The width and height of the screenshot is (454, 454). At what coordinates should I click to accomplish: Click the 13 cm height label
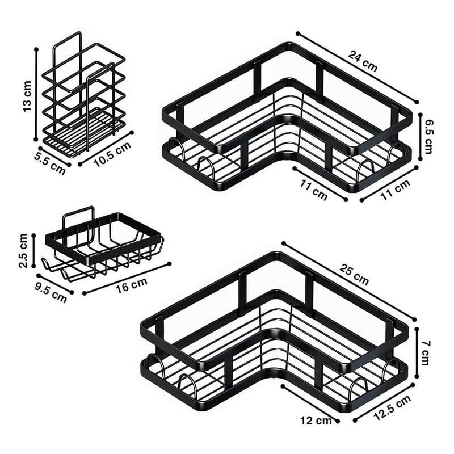tap(27, 96)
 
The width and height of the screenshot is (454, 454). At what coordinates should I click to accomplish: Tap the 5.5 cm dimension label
tap(50, 164)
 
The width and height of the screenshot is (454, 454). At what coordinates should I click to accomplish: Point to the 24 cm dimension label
tap(363, 61)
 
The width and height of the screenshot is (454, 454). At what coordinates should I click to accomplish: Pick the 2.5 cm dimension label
tap(23, 251)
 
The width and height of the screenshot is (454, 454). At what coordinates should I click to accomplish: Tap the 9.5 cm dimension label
tap(51, 291)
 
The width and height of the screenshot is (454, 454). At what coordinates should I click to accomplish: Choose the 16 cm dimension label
tap(132, 285)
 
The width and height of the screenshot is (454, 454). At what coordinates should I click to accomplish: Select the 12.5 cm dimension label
tap(392, 407)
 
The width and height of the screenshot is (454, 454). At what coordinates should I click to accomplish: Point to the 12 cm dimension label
tap(316, 421)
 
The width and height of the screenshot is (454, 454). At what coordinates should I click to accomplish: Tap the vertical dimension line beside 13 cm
tap(36, 94)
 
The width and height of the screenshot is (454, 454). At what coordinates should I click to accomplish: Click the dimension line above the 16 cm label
tap(127, 279)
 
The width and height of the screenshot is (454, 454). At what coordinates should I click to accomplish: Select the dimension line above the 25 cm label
tap(349, 281)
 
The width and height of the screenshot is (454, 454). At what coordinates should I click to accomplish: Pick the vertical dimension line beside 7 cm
tap(417, 352)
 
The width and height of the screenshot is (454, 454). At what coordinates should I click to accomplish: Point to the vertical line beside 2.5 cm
tap(33, 251)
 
